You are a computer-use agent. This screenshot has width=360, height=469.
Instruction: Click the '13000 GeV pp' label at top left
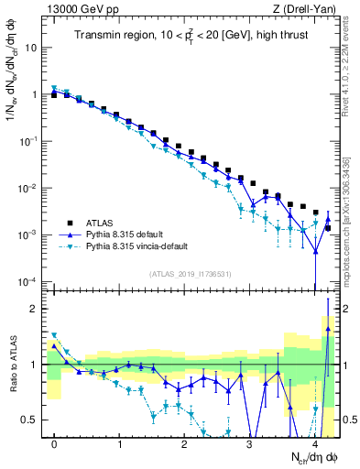click(78, 8)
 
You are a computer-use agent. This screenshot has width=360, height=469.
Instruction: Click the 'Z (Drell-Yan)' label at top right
click(306, 8)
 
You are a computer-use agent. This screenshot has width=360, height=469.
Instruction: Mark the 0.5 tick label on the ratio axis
click(31, 420)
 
